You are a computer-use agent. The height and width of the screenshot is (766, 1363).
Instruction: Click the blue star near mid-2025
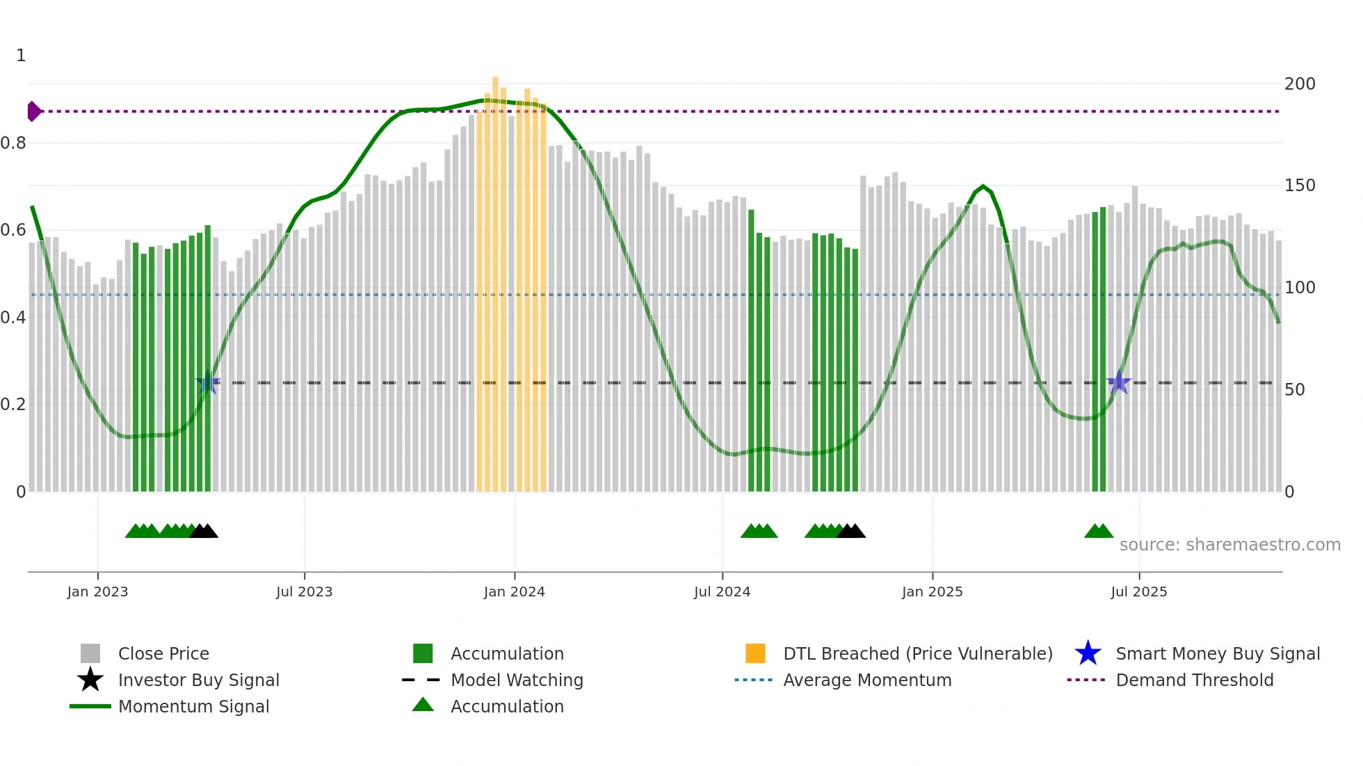(1118, 382)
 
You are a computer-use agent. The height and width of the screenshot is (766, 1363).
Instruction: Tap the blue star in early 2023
(208, 382)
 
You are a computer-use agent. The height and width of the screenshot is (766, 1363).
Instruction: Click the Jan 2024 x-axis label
(514, 592)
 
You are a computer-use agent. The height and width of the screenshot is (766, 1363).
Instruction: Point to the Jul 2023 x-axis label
(304, 592)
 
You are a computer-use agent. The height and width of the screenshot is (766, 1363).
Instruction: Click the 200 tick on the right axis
(1299, 84)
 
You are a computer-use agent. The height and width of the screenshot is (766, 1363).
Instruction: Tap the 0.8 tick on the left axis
(13, 143)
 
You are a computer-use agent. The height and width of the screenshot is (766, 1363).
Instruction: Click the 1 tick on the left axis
(21, 56)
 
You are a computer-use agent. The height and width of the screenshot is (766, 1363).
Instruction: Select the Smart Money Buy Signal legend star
(1088, 653)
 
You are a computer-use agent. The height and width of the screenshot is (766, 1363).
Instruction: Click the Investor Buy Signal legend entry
(198, 680)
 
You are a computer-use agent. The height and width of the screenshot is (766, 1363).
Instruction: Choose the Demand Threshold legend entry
(1194, 680)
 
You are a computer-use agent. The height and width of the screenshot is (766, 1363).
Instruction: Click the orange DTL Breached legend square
(755, 653)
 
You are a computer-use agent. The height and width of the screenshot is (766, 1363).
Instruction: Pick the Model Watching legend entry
(516, 680)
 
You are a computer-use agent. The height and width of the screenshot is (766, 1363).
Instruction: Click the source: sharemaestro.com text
(1229, 545)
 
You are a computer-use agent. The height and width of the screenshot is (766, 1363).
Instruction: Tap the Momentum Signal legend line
(90, 706)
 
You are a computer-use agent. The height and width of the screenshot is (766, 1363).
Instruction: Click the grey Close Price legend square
(90, 653)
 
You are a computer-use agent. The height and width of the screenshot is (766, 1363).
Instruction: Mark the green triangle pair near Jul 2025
(1099, 532)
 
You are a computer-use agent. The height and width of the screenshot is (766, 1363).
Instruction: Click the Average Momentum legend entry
(866, 680)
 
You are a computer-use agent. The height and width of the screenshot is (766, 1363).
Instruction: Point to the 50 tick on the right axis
(1294, 390)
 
